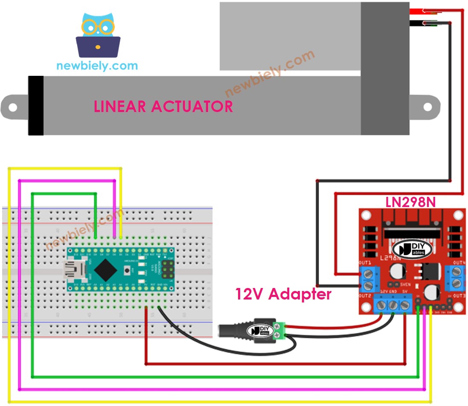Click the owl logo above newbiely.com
(x=98, y=36)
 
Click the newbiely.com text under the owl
(x=97, y=66)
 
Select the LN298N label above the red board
(x=410, y=202)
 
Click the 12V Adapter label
(x=283, y=294)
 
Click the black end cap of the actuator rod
(x=36, y=106)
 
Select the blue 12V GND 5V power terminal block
(x=393, y=305)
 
